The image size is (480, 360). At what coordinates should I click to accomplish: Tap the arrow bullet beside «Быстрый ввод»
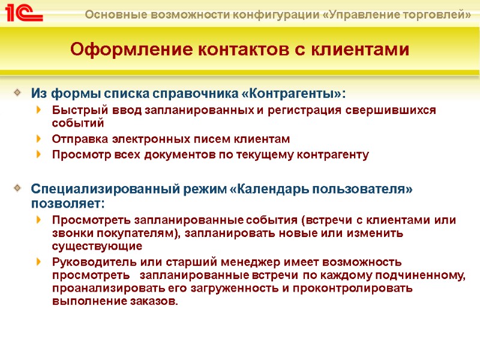coord(40,110)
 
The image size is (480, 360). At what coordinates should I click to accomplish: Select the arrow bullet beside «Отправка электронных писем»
coord(40,139)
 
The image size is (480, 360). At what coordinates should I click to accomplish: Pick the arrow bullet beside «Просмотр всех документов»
coord(40,155)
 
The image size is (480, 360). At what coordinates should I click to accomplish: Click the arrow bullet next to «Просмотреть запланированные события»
coord(40,220)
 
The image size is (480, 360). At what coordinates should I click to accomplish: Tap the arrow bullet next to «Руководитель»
coord(40,262)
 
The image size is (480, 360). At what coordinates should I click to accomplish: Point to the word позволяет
coord(66,203)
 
